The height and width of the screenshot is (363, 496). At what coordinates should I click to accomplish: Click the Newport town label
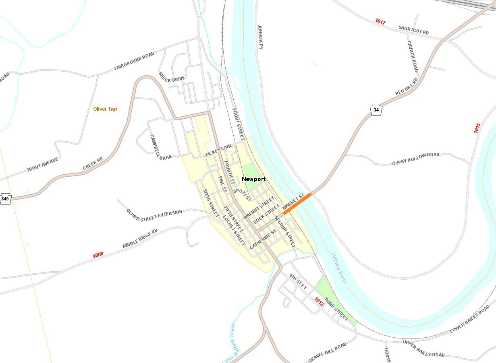(253, 179)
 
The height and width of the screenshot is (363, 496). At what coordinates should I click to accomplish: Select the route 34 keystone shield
(376, 109)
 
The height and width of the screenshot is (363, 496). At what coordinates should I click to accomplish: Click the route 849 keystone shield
(5, 199)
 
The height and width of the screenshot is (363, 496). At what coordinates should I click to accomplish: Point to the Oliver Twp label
(105, 109)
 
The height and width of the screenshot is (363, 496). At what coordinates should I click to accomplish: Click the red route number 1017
(380, 22)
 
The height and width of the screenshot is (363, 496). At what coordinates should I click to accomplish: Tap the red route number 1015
(477, 128)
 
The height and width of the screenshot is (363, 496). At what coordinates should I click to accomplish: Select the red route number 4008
(98, 254)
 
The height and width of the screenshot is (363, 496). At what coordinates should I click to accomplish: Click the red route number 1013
(319, 301)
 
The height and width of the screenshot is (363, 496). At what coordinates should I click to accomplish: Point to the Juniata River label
(339, 268)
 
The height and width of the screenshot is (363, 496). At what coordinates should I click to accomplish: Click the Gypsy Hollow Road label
(416, 159)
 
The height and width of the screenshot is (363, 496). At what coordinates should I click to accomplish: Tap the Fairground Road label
(134, 61)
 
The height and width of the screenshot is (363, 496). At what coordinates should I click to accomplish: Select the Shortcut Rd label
(413, 30)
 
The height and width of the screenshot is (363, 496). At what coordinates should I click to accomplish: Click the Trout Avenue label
(42, 165)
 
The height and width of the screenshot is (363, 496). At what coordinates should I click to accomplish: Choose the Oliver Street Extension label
(154, 215)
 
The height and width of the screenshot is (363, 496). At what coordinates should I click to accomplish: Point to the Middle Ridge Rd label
(140, 239)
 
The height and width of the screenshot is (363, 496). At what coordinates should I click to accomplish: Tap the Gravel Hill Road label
(327, 353)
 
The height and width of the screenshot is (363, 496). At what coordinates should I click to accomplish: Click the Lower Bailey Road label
(470, 319)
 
